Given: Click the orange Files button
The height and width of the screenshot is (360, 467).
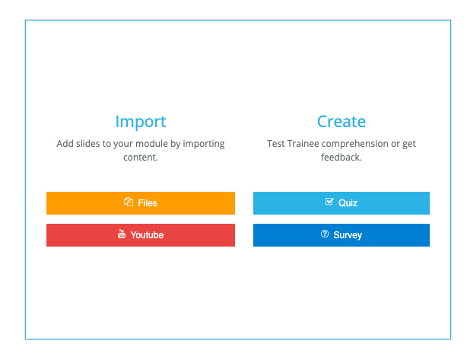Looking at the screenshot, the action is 141,203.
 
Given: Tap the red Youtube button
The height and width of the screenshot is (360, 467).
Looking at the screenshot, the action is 141,235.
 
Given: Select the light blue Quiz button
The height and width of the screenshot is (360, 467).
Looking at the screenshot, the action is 342,203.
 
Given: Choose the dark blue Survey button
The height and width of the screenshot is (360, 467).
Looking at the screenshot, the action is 342,235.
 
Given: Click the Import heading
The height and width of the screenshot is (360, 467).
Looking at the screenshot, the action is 141,122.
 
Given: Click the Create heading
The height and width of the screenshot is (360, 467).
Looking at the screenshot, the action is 342,122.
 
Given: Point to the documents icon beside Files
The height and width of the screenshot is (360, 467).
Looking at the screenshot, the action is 129,202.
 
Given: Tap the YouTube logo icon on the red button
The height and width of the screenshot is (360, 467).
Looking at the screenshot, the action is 122,234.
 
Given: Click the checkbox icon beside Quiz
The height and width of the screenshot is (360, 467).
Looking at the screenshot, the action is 329,202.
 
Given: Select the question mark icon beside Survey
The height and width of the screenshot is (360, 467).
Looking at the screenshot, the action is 325,234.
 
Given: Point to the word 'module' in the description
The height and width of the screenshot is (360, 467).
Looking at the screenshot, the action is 152,144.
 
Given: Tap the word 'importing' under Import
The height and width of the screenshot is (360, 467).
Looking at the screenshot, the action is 204,145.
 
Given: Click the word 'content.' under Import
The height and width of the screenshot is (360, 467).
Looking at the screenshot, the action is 141,158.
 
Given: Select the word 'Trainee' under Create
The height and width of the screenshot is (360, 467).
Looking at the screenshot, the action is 303,144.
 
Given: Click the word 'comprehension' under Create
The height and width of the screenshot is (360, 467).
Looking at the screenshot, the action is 355,145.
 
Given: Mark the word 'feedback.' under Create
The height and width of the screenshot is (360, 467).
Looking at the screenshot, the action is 342,157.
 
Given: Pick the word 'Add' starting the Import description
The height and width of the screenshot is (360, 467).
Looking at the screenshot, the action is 65,144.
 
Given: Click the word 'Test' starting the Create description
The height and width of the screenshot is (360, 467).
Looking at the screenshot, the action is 276,144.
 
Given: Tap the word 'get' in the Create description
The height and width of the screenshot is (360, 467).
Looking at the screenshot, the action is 409,145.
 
